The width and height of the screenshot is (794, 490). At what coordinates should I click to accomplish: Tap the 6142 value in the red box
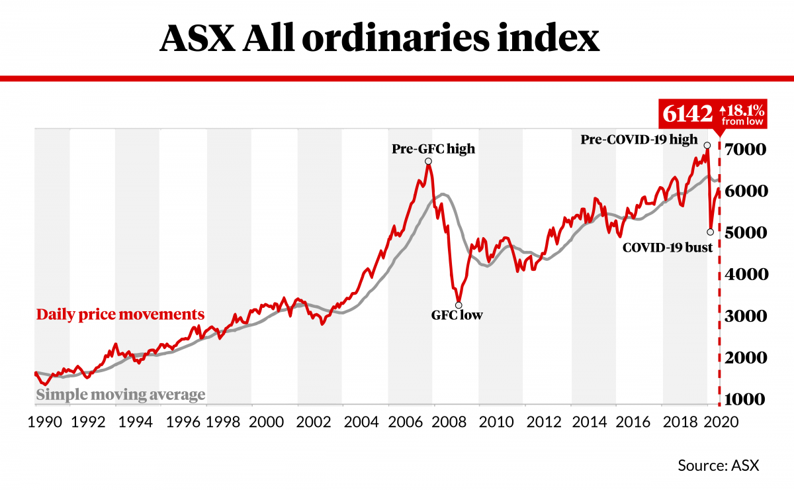[x=685, y=115]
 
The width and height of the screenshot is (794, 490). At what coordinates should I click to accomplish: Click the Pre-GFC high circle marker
[x=429, y=162]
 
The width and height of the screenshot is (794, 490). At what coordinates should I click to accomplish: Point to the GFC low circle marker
[x=459, y=305]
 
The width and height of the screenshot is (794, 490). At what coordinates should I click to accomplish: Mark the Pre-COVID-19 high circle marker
[x=707, y=145]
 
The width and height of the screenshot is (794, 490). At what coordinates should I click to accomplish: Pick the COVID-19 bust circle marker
[x=710, y=232]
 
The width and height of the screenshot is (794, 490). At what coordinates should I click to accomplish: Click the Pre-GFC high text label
[x=433, y=148]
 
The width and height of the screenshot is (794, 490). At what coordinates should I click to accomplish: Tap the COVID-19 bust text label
[x=667, y=248]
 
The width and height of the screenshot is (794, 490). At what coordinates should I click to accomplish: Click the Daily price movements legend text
[x=120, y=314]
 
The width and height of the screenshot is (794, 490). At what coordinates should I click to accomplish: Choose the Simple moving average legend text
[x=120, y=395]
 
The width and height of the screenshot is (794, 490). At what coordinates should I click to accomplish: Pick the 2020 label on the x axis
[x=725, y=422]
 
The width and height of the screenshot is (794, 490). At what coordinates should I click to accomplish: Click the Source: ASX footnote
[x=718, y=465]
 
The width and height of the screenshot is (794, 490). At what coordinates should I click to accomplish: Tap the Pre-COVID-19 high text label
[x=639, y=140]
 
